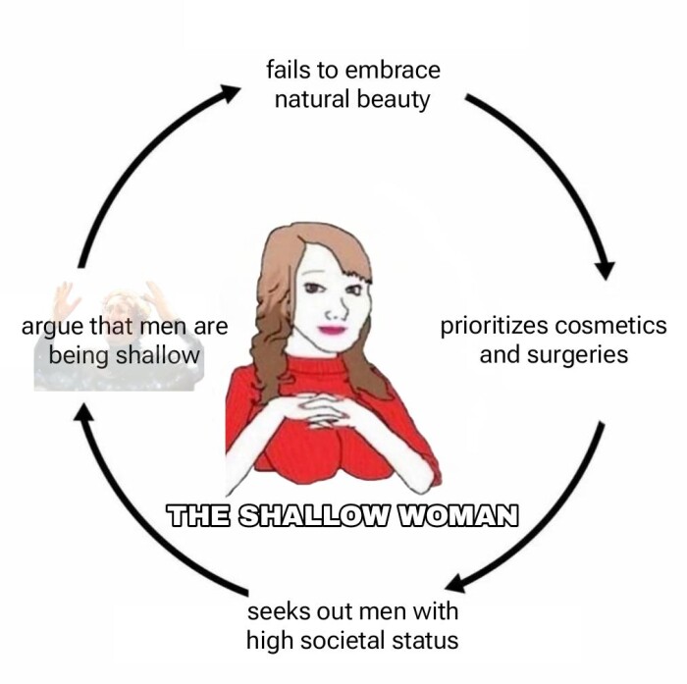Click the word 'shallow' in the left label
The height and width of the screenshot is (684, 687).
[x=157, y=354]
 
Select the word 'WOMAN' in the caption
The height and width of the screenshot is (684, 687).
[x=455, y=514]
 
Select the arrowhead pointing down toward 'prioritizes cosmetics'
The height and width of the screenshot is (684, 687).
[x=606, y=268]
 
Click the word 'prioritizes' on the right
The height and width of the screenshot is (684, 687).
[x=494, y=326]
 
